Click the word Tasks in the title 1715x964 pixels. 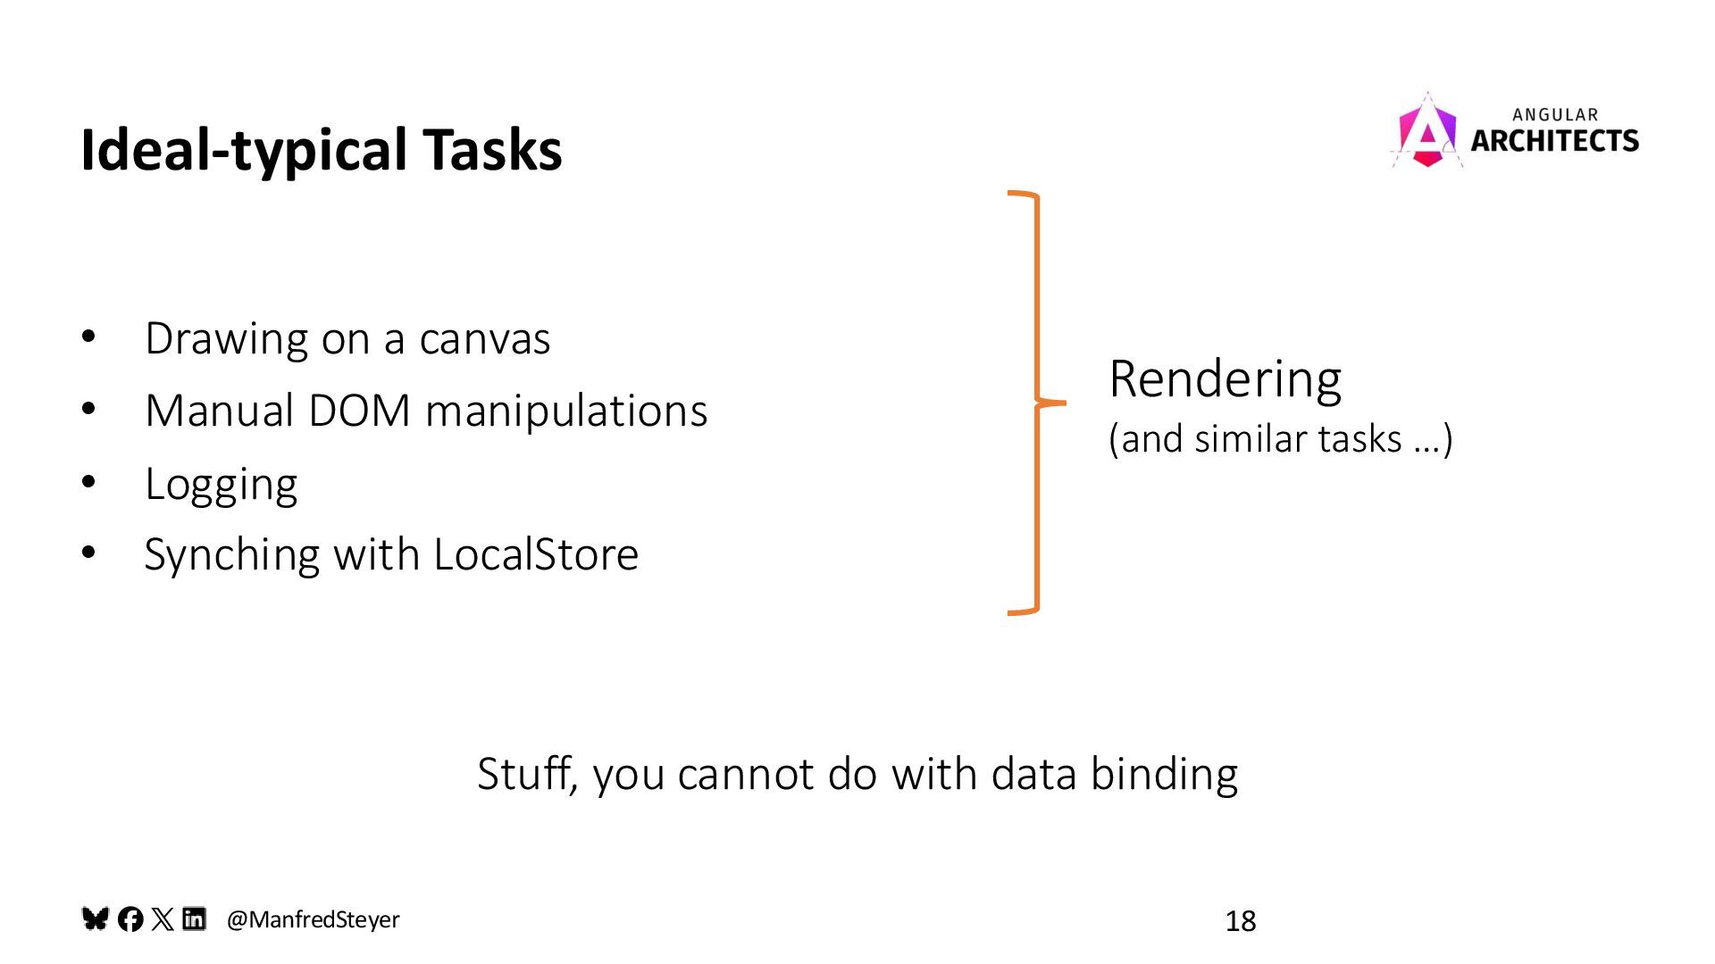492,149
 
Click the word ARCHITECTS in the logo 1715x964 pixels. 1554,141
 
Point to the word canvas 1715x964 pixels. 484,339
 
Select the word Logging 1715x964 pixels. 221,485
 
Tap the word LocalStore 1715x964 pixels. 536,554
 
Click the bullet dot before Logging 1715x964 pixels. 88,482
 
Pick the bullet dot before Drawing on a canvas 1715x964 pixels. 88,337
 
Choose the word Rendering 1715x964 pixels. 1225,378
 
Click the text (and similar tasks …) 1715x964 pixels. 1280,439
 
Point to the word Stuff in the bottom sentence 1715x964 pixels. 528,773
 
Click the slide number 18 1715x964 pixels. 1240,921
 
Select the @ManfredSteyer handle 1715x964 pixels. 313,919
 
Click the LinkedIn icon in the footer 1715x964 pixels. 194,918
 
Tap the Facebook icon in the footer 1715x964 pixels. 130,919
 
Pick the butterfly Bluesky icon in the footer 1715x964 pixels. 96,918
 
